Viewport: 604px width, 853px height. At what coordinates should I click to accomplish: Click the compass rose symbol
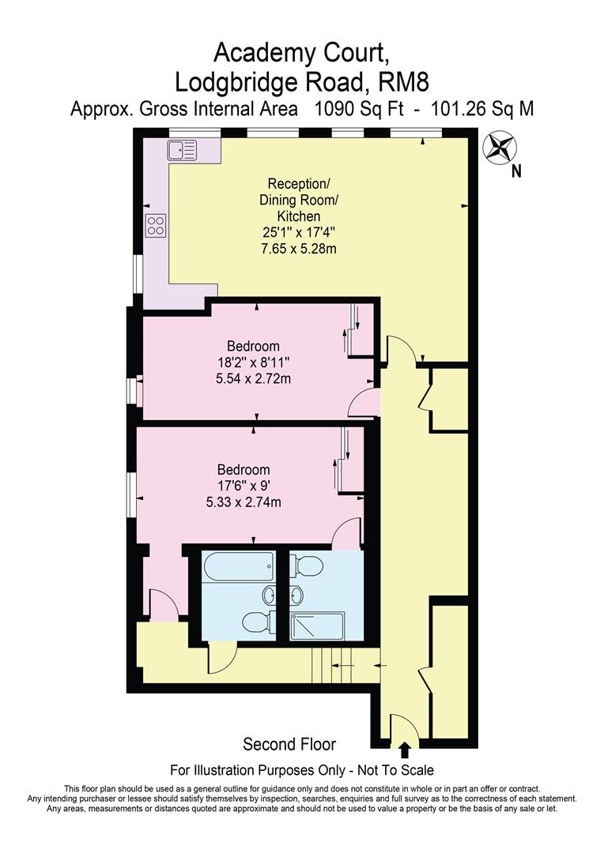click(498, 147)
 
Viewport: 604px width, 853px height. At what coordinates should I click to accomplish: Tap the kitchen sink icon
click(181, 148)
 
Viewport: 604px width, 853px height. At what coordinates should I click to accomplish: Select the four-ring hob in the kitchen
click(156, 226)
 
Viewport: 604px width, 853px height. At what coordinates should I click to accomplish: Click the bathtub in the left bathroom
click(239, 567)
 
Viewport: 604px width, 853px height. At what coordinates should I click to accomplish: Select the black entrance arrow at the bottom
click(405, 750)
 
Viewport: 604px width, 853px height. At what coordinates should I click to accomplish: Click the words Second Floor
click(289, 744)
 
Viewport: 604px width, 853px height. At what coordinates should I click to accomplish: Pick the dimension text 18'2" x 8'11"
click(254, 363)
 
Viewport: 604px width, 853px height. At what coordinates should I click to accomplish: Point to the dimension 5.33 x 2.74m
click(243, 502)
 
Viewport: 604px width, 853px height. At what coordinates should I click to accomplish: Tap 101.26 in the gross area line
click(456, 109)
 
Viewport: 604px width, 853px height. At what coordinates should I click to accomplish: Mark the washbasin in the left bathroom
click(270, 594)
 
